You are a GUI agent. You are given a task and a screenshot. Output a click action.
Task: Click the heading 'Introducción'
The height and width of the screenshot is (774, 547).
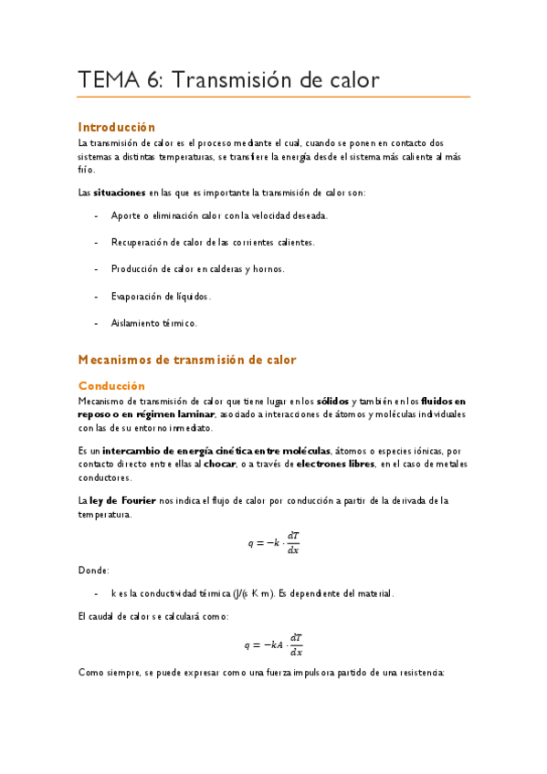tap(117, 127)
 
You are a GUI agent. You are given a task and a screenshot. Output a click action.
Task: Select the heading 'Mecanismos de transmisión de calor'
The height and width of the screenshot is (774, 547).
tap(187, 360)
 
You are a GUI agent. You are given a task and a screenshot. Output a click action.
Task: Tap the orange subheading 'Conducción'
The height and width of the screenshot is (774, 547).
tap(111, 385)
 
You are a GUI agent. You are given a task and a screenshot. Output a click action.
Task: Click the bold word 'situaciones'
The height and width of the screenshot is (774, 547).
tap(119, 193)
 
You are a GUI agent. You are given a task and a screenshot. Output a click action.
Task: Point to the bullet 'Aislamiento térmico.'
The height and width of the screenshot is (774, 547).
tap(153, 322)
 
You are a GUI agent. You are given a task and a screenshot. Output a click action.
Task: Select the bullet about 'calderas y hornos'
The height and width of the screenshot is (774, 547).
tap(197, 268)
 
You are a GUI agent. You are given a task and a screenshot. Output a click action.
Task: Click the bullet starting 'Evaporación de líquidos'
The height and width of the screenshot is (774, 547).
tap(161, 296)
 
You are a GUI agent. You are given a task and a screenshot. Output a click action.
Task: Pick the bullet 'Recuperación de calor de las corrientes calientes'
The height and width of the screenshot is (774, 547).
tap(213, 242)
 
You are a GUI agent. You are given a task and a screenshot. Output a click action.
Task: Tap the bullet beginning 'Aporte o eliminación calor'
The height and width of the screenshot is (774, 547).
tap(218, 215)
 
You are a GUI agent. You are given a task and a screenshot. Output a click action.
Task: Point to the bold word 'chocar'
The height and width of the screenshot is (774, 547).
tap(244, 464)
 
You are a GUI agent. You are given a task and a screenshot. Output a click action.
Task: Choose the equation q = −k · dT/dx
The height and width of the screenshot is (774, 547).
tap(274, 542)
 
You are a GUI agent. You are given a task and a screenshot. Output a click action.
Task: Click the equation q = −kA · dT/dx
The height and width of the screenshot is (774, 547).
tap(274, 644)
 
